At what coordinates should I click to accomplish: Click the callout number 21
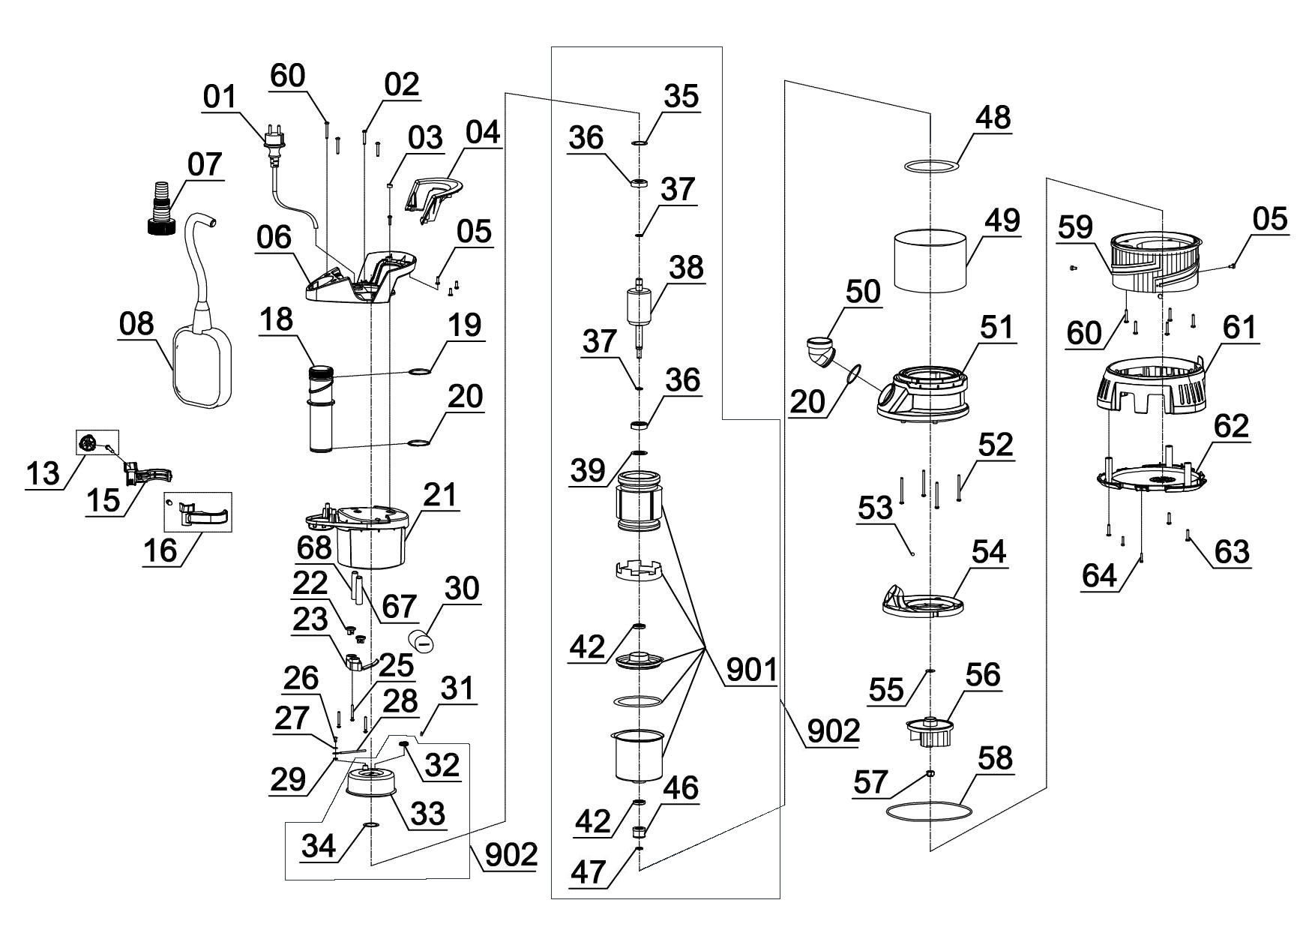441,496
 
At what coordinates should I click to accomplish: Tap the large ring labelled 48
931,165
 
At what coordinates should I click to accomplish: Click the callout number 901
750,670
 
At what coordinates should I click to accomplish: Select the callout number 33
427,813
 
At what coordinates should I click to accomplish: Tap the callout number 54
988,552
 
